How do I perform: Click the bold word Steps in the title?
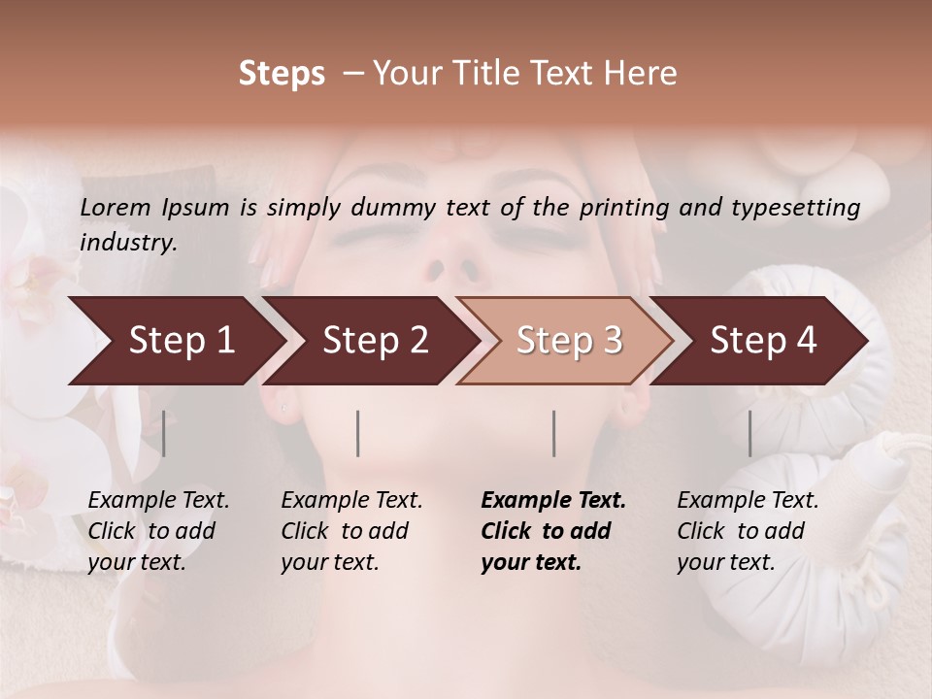pyautogui.click(x=282, y=73)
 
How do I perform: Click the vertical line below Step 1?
pyautogui.click(x=164, y=433)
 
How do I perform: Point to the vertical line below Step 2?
pyautogui.click(x=358, y=433)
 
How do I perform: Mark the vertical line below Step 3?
pyautogui.click(x=553, y=433)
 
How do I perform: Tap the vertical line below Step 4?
pyautogui.click(x=749, y=433)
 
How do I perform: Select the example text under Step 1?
pyautogui.click(x=158, y=531)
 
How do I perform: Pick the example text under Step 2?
pyautogui.click(x=351, y=531)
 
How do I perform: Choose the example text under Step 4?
pyautogui.click(x=748, y=531)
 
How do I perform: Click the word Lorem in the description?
pyautogui.click(x=116, y=207)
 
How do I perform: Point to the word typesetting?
pyautogui.click(x=805, y=207)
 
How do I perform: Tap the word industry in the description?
pyautogui.click(x=128, y=243)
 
